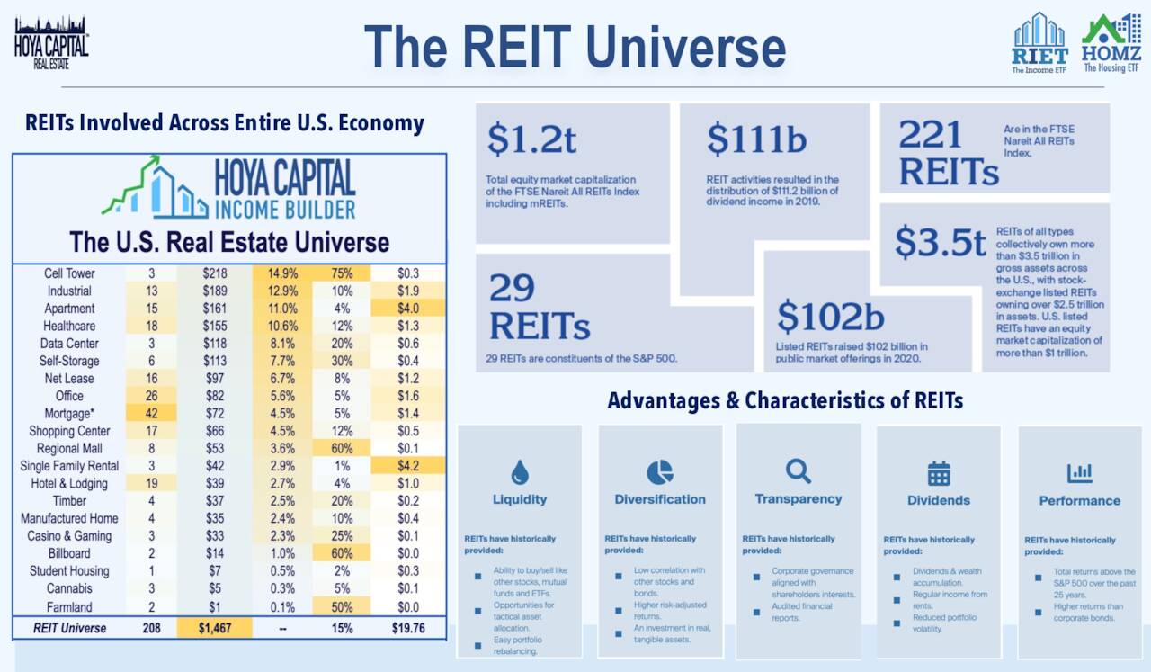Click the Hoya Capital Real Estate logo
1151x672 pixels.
[x=51, y=41]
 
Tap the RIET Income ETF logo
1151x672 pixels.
[x=1039, y=42]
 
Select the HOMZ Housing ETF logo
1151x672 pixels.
[x=1111, y=42]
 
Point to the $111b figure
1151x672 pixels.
[x=756, y=139]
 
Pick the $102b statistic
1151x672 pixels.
[x=830, y=316]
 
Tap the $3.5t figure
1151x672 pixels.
[x=940, y=243]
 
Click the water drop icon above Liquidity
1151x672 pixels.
[x=519, y=471]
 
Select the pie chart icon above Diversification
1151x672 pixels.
[x=659, y=471]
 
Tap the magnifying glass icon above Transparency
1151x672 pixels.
[x=798, y=470]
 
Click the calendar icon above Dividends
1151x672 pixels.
[x=939, y=472]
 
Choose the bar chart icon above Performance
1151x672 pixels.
[x=1079, y=472]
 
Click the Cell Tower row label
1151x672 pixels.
[x=69, y=273]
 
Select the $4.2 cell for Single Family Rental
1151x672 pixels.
[x=407, y=466]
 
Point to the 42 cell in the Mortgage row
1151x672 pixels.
[x=151, y=414]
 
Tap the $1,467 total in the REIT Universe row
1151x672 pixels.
[x=214, y=628]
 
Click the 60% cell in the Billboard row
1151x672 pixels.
[x=342, y=553]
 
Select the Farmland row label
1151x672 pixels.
[x=69, y=606]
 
